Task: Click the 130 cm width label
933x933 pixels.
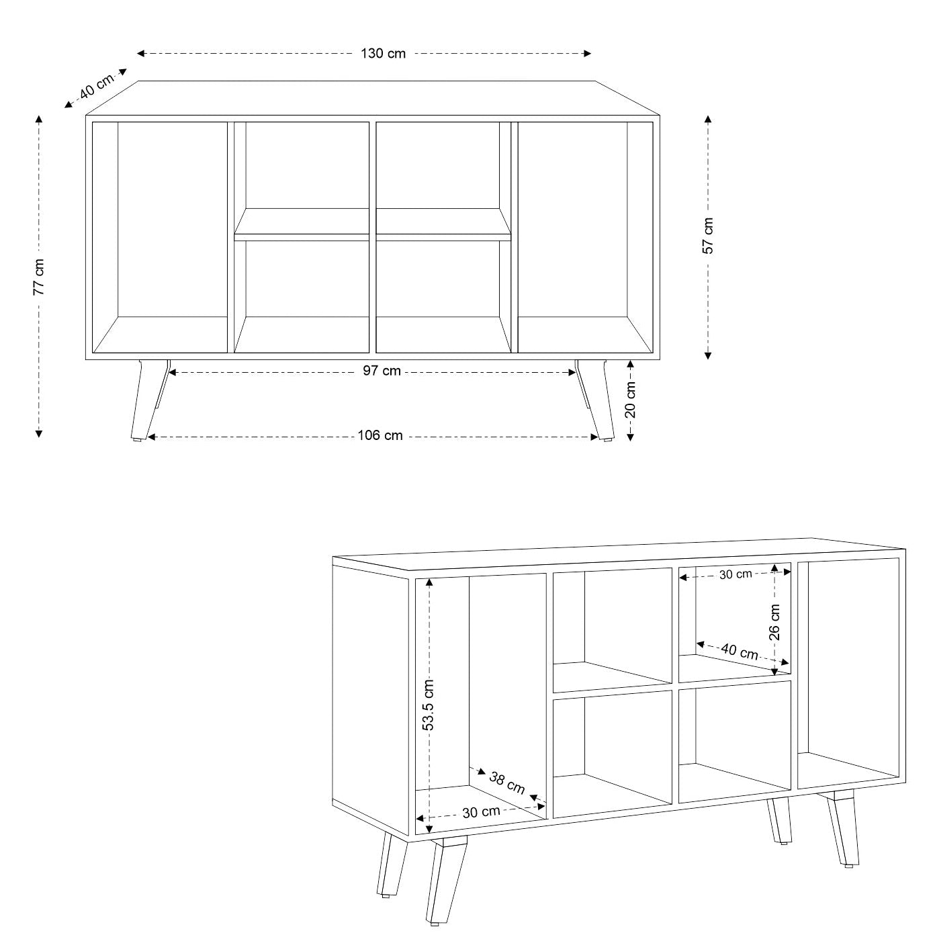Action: [x=383, y=54]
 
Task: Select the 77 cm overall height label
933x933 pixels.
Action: [x=40, y=277]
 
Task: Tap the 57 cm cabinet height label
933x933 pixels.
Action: [x=708, y=236]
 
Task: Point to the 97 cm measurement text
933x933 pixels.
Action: [x=382, y=371]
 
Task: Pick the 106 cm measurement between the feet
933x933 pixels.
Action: [x=380, y=436]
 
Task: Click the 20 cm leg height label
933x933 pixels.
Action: [x=631, y=400]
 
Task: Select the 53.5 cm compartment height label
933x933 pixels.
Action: [x=429, y=705]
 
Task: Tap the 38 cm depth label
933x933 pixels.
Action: [x=507, y=783]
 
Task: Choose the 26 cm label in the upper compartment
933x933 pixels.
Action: [x=775, y=621]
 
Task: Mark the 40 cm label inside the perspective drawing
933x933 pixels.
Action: [x=740, y=651]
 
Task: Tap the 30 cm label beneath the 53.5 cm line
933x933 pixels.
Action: [x=481, y=811]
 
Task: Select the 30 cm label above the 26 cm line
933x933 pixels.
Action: [x=736, y=574]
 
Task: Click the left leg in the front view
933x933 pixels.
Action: [x=148, y=400]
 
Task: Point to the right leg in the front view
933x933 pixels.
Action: [x=595, y=400]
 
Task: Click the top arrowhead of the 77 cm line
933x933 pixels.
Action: [x=39, y=120]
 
